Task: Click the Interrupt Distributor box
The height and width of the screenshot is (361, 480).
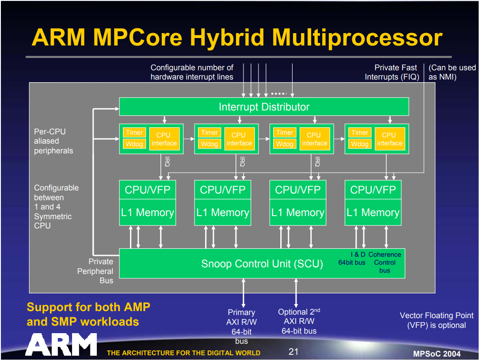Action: click(x=264, y=106)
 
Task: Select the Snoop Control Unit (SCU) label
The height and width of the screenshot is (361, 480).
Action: click(x=262, y=264)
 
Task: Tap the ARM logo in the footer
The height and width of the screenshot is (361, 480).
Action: click(x=61, y=344)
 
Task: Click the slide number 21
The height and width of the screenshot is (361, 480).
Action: click(x=293, y=352)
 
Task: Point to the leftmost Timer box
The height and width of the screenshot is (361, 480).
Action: click(x=134, y=133)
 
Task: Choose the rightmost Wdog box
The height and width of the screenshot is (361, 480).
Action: click(x=360, y=144)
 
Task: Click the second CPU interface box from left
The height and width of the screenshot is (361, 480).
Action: click(x=240, y=139)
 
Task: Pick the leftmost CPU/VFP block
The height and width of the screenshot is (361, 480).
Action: click(x=148, y=190)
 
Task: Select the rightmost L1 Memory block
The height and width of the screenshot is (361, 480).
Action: click(x=373, y=213)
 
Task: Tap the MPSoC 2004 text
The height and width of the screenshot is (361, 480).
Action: click(x=437, y=353)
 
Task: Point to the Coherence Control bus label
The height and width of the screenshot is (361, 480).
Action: click(x=385, y=262)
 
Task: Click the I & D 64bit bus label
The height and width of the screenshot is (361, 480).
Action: click(x=352, y=258)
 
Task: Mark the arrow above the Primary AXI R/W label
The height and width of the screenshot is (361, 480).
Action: click(x=244, y=293)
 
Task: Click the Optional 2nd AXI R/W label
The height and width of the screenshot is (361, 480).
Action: click(x=299, y=321)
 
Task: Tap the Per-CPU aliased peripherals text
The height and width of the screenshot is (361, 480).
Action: click(x=53, y=141)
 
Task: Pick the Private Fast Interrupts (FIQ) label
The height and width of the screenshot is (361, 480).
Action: click(x=392, y=72)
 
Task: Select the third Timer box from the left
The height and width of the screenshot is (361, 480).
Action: click(x=285, y=133)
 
